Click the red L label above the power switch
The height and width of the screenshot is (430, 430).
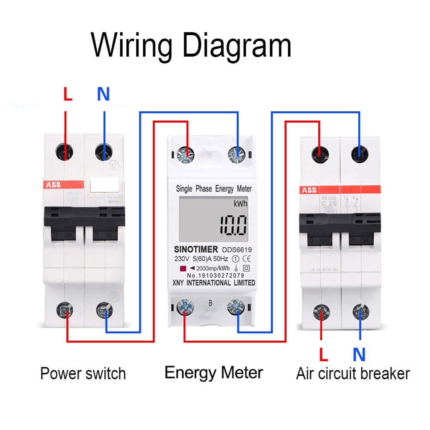(x=67, y=94)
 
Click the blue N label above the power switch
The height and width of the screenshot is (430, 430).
(x=103, y=94)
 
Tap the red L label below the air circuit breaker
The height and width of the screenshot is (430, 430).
(x=323, y=354)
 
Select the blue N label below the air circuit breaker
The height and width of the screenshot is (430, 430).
(x=359, y=354)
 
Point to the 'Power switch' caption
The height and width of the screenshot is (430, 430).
(x=83, y=373)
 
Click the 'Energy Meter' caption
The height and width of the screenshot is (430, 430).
(x=213, y=372)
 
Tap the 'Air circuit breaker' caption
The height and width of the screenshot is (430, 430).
(x=353, y=373)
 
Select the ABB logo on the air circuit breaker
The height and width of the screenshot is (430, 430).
(x=309, y=190)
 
